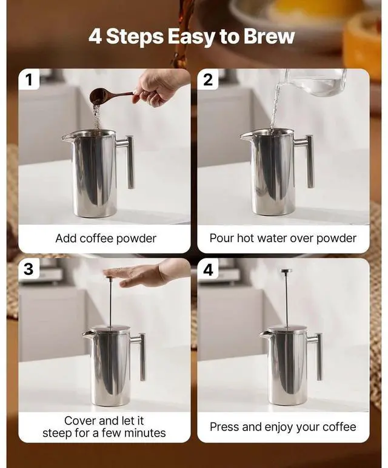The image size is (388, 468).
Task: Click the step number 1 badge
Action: [28, 79]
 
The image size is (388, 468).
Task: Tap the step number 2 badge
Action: [208, 79]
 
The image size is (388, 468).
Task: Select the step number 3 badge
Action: [28, 269]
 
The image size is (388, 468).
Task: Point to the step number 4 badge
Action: [208, 269]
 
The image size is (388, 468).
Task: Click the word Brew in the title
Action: [269, 36]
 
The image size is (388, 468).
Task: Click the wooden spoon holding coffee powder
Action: [105, 96]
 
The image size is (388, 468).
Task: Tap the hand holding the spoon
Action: [159, 85]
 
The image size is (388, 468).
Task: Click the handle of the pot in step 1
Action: [129, 160]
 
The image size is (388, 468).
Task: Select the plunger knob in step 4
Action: [286, 271]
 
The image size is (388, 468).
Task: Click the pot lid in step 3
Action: [109, 328]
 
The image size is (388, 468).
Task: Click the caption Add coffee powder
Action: [105, 238]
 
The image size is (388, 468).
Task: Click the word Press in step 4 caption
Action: [225, 427]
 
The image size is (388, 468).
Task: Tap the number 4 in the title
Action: [95, 36]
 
